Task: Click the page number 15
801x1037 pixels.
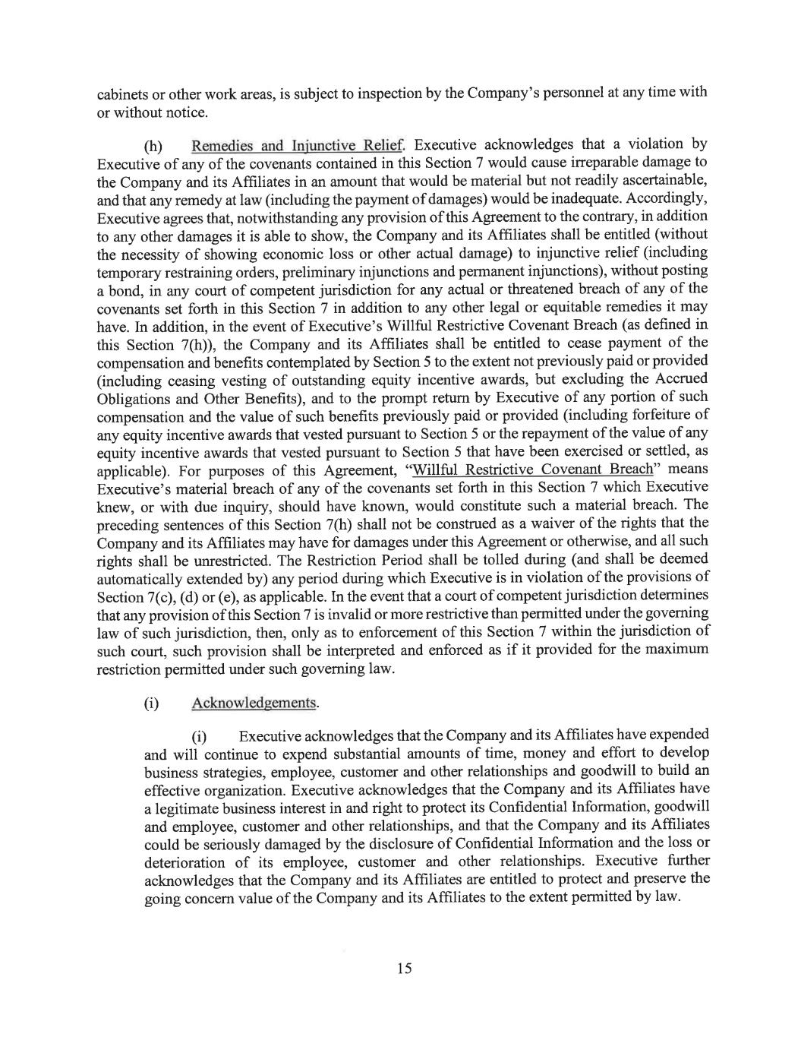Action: (x=403, y=968)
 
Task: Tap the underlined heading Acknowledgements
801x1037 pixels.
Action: (x=254, y=703)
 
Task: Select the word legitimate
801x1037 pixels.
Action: (x=190, y=808)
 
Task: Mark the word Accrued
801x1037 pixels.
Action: (x=680, y=379)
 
